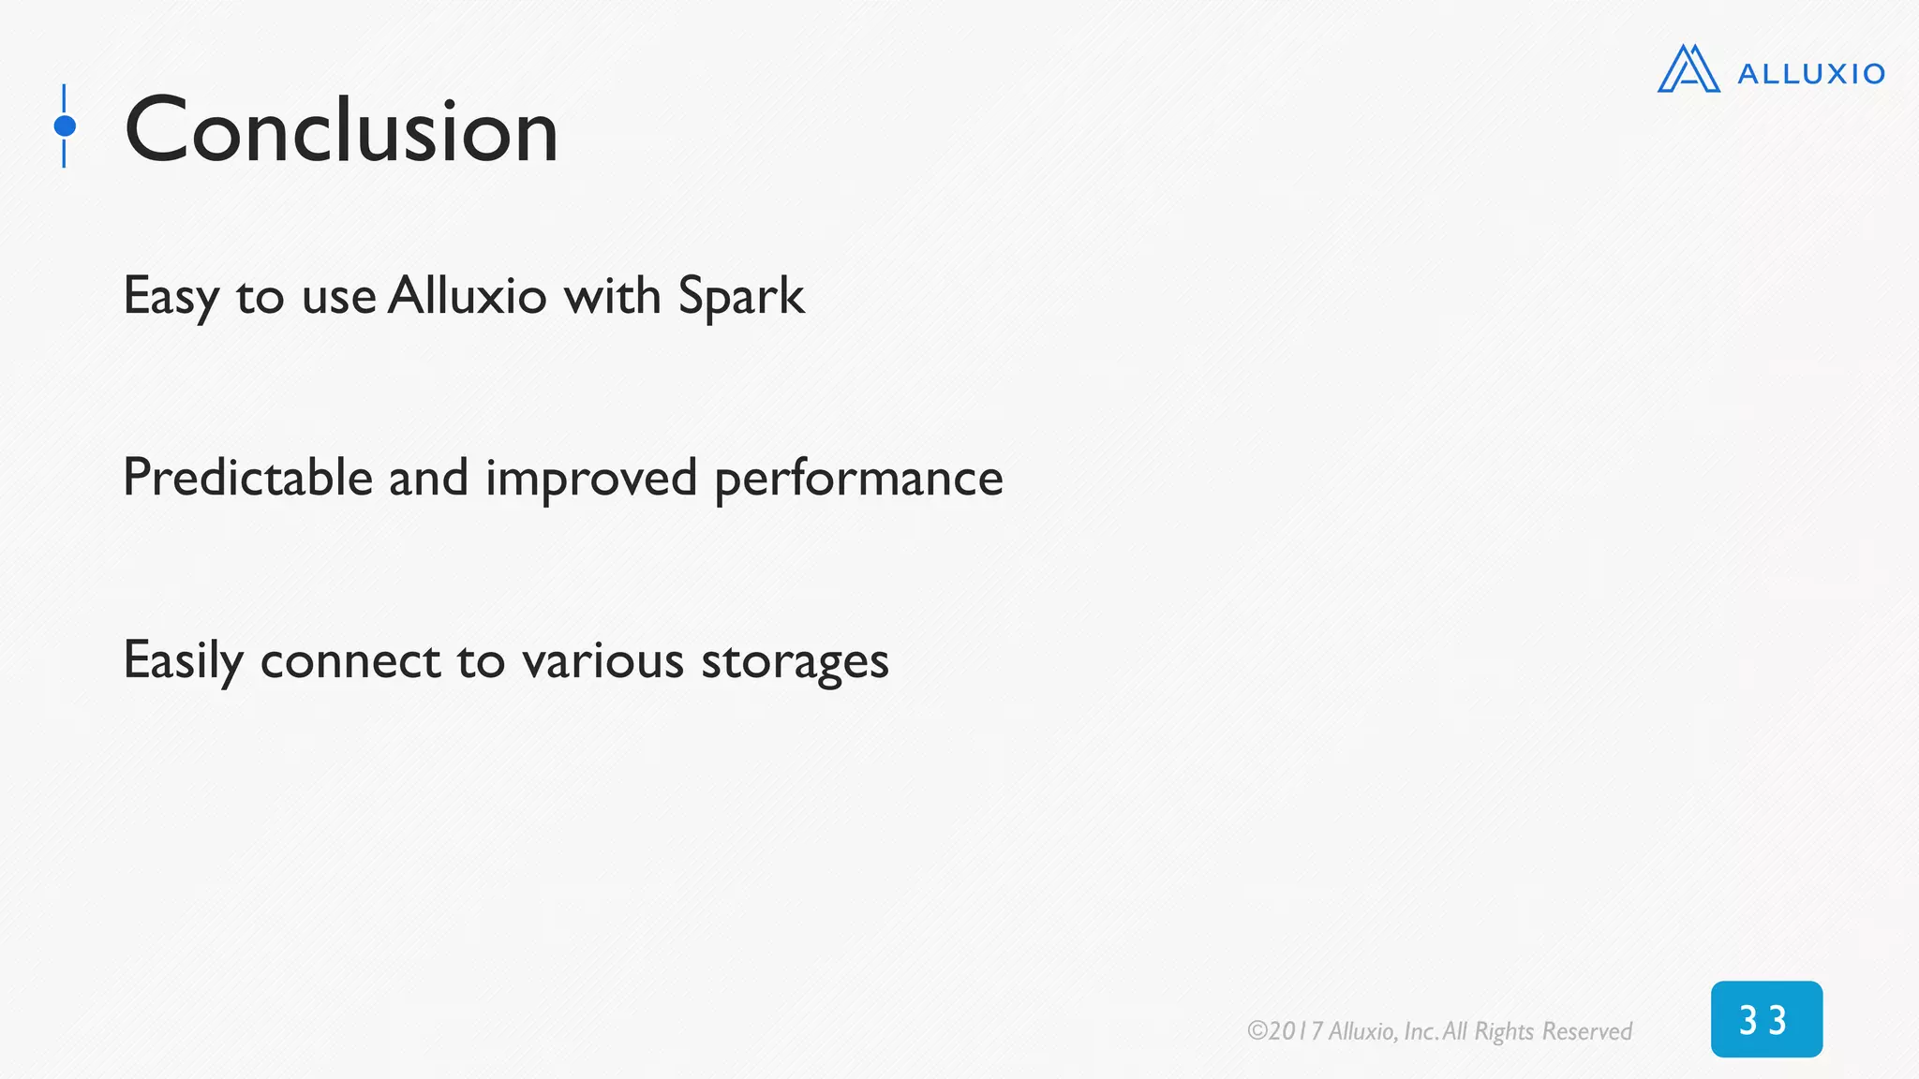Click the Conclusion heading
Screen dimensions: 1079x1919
[341, 130]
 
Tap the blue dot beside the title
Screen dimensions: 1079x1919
[65, 126]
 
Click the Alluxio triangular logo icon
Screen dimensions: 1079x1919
[1688, 69]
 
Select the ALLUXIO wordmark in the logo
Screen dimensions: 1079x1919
[1810, 74]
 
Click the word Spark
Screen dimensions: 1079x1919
[740, 297]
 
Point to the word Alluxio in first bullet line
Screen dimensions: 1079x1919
[467, 295]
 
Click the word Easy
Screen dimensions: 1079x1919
[171, 297]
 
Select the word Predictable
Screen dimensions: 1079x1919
[247, 478]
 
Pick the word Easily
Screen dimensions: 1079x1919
[183, 661]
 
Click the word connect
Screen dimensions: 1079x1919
[350, 661]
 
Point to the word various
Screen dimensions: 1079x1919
[602, 661]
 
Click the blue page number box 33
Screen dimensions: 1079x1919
[1765, 1019]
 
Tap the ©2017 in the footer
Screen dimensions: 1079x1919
[1285, 1031]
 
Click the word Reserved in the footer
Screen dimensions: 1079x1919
[1586, 1031]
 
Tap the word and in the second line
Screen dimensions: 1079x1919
[428, 478]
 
